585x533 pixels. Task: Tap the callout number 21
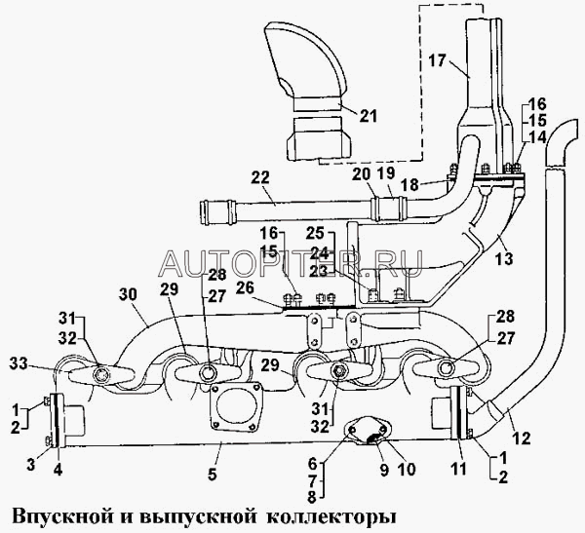[367, 117]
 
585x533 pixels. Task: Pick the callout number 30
[128, 293]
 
